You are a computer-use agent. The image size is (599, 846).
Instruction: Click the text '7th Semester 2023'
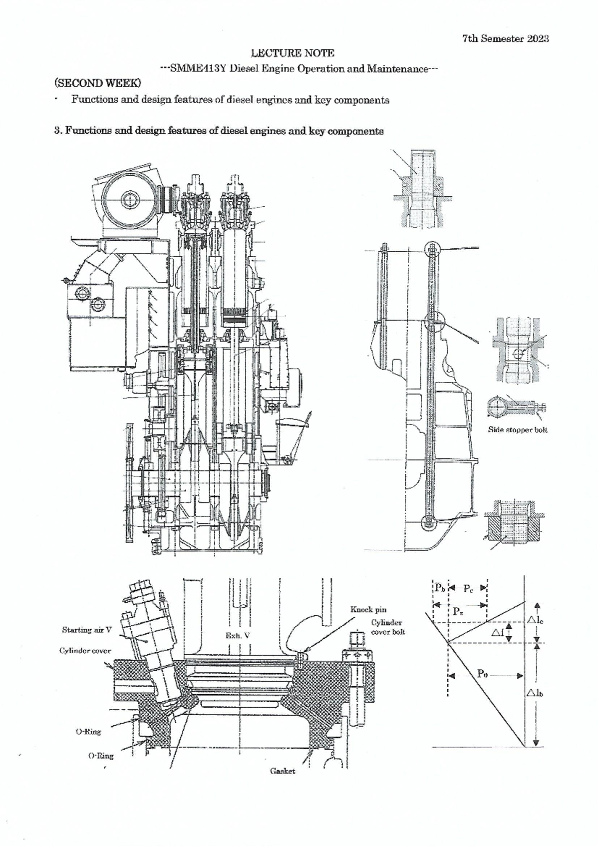(x=505, y=39)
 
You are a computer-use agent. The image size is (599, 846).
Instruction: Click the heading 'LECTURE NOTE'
(x=292, y=53)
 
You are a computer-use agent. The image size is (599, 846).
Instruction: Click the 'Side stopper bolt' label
(x=517, y=429)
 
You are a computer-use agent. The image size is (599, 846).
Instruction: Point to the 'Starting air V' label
(x=87, y=630)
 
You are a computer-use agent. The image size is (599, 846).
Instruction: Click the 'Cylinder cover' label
(x=85, y=651)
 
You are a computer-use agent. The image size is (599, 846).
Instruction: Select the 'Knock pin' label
(x=368, y=609)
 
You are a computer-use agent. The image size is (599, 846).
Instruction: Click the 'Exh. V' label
(x=237, y=636)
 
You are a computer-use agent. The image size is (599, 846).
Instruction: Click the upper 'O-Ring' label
(x=88, y=732)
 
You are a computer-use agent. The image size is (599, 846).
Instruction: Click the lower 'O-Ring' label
(x=101, y=756)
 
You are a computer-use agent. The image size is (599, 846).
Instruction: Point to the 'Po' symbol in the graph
(x=482, y=674)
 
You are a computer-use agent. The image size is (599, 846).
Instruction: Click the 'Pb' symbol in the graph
(x=440, y=588)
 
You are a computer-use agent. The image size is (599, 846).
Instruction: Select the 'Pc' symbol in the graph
(x=468, y=588)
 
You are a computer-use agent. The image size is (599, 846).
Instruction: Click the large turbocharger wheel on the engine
(x=129, y=199)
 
